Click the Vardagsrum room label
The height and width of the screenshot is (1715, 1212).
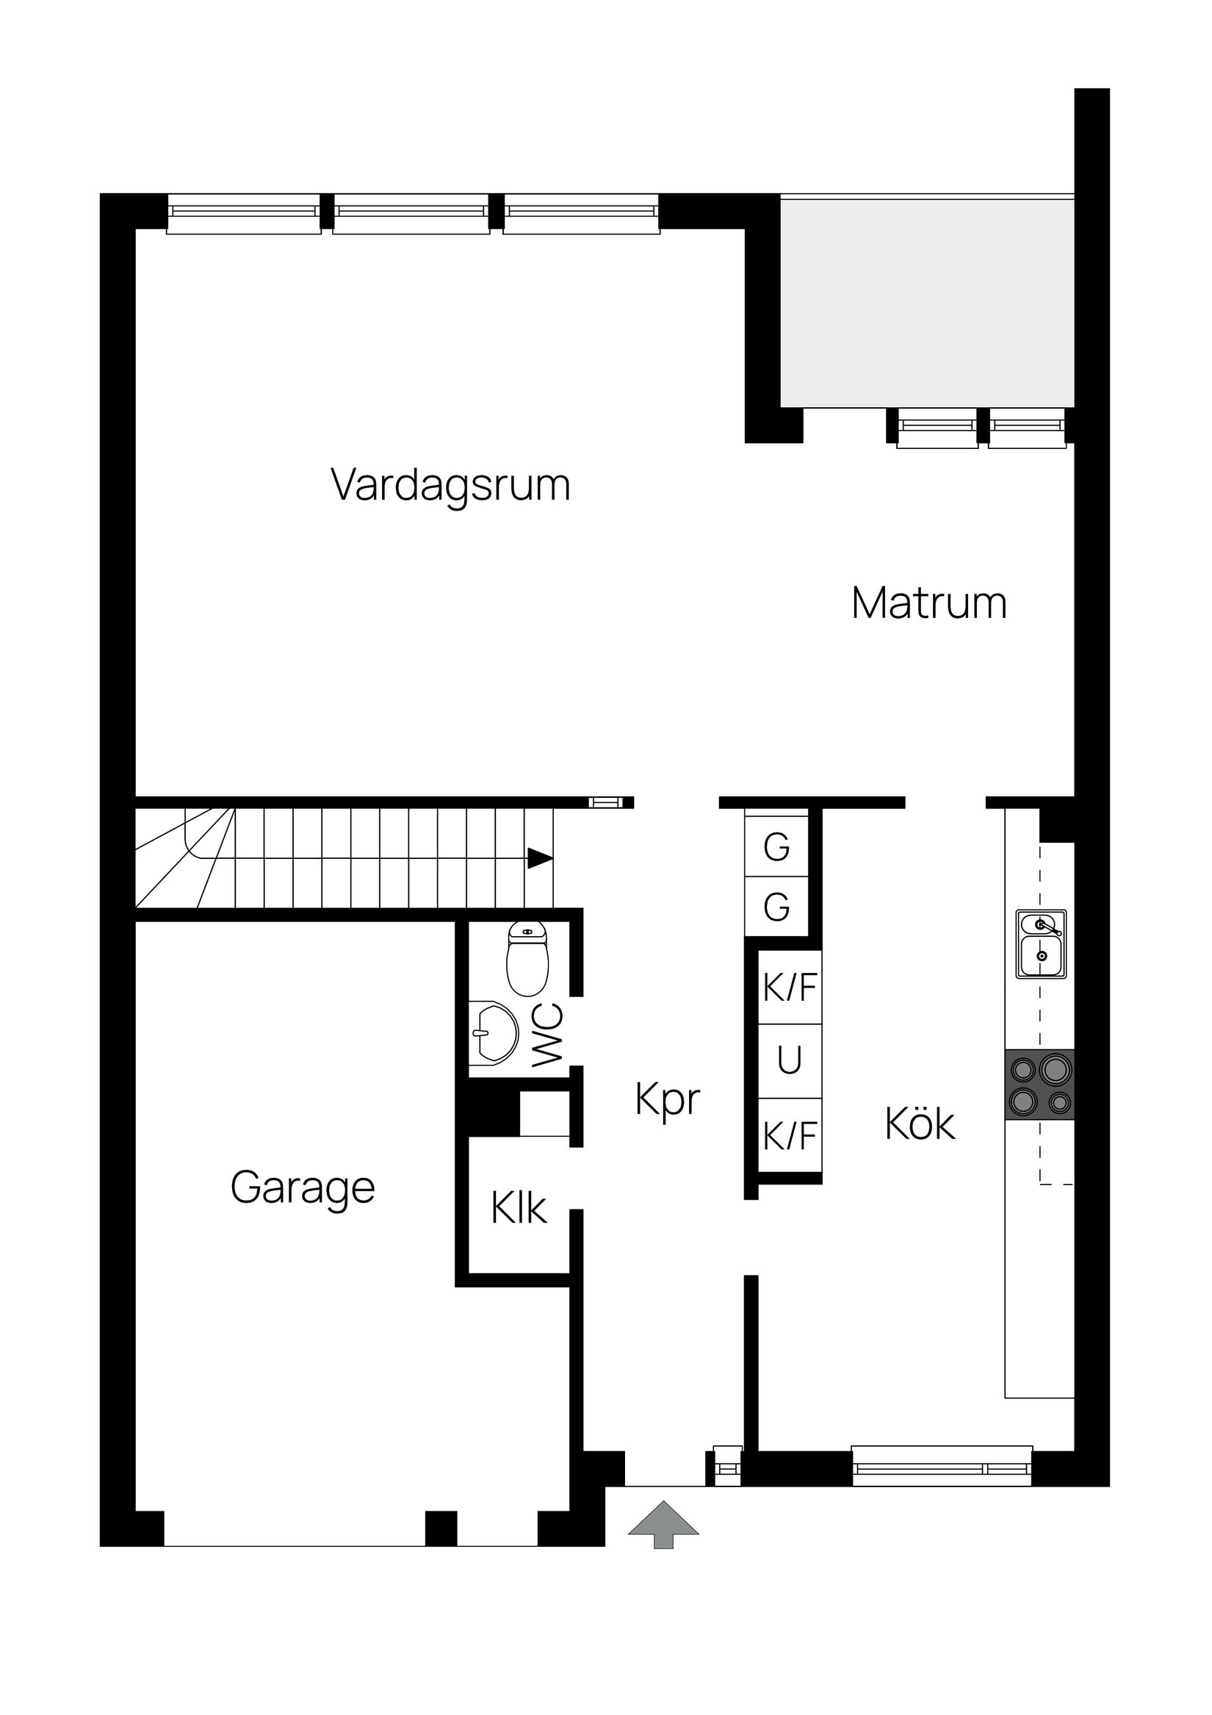450,486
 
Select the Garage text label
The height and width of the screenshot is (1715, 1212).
303,1187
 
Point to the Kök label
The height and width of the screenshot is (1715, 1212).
919,1124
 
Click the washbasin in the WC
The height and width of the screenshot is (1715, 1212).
494,1033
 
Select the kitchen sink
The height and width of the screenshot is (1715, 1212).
1040,944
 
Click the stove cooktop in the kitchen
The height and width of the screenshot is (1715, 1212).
1039,1085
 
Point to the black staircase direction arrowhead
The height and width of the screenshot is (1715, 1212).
539,858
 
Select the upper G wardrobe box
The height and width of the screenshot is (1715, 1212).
776,846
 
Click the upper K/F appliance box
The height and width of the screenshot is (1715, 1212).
790,988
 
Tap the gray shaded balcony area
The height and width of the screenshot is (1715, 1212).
927,303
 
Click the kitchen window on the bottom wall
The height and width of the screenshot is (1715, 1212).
942,1468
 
